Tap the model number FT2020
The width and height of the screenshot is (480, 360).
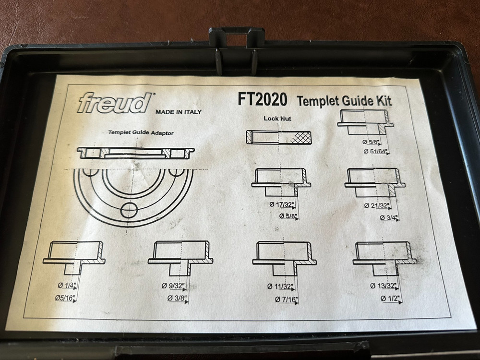262,99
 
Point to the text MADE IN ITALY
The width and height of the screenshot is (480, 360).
178,112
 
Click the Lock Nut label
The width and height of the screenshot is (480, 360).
277,118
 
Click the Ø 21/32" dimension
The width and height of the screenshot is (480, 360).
377,206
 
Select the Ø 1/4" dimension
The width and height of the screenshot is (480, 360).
67,286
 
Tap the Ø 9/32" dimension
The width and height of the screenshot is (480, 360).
174,287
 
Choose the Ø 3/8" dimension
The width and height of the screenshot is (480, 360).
177,299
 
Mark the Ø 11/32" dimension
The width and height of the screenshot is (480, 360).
281,287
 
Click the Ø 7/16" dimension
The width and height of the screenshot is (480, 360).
287,300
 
